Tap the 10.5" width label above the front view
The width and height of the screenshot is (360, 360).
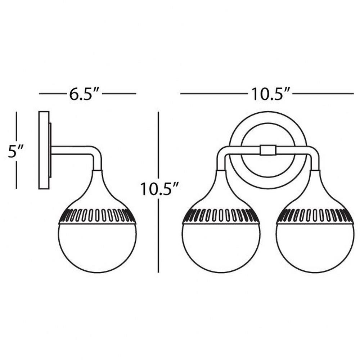270,94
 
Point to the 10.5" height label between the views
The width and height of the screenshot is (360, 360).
159,188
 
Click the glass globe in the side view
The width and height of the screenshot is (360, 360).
97,248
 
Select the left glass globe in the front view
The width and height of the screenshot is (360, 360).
221,248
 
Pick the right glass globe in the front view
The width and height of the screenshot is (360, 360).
315,248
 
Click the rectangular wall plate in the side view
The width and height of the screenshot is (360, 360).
44,150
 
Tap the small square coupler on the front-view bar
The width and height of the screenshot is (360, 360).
268,150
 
